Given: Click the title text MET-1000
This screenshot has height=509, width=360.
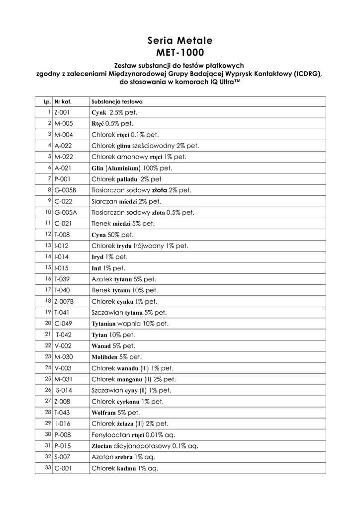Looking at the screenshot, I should click(180, 51).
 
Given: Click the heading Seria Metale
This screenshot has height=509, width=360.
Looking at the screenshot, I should click(180, 40).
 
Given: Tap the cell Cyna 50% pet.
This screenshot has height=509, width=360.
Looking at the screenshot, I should click(112, 234).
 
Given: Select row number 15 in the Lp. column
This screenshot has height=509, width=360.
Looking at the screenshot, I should click(49, 267).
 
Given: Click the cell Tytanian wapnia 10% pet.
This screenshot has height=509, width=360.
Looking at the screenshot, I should click(130, 323).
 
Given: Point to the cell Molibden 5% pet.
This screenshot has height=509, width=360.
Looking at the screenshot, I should click(116, 357).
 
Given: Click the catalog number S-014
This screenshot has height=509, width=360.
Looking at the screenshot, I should click(64, 390).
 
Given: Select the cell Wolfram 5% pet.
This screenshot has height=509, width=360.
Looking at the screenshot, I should click(115, 413).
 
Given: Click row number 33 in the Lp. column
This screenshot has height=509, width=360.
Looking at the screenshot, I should click(49, 468).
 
